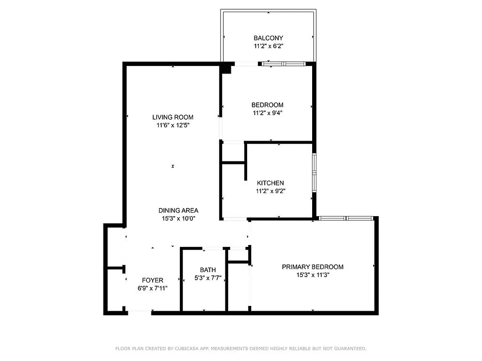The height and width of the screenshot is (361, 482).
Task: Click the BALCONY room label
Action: point(268,38)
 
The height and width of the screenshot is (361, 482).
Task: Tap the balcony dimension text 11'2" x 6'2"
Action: point(268,46)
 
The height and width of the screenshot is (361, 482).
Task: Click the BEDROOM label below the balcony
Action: point(267,105)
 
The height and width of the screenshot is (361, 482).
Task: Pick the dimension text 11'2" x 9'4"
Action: point(267,113)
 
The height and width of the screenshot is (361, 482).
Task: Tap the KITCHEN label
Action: point(270,183)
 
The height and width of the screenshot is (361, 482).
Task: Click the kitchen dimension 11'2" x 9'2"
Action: point(270,191)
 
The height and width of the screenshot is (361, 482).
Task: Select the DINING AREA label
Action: point(178,210)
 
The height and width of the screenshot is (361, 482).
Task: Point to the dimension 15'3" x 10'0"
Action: point(178,218)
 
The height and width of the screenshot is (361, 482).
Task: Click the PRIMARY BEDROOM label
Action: point(313,267)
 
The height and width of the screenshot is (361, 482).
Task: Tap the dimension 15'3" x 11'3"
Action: point(313,275)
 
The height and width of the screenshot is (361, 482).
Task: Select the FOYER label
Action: point(153,280)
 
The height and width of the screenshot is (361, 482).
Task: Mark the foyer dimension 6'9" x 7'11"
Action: point(153,288)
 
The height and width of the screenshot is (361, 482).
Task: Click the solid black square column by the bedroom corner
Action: point(226,69)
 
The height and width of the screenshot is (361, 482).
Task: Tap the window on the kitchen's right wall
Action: point(314,171)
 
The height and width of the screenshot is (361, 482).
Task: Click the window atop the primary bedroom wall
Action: point(346,218)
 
